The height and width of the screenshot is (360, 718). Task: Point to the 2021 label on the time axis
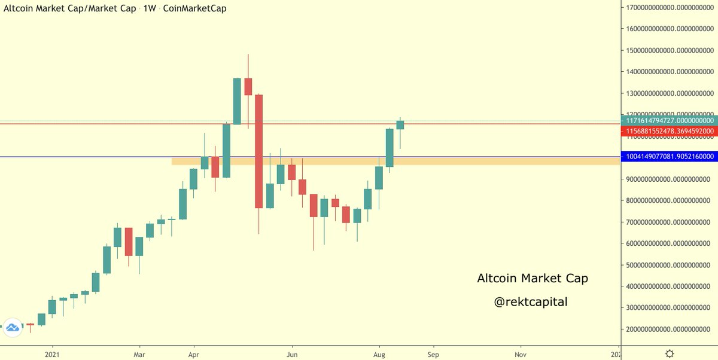click(x=52, y=354)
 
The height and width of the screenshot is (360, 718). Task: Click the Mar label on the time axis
click(x=139, y=354)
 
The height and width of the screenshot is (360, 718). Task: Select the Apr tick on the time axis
click(x=194, y=354)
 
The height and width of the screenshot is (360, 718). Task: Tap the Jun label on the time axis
click(x=292, y=354)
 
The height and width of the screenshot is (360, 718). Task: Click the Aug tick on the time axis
click(x=379, y=354)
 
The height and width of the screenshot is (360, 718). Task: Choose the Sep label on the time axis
click(x=433, y=354)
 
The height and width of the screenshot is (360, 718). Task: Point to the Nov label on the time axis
click(x=521, y=354)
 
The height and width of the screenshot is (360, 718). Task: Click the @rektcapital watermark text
click(x=530, y=303)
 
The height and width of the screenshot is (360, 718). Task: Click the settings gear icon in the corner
click(x=670, y=353)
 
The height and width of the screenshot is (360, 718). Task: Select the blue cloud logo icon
click(x=12, y=327)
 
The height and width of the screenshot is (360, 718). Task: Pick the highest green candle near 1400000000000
click(x=237, y=101)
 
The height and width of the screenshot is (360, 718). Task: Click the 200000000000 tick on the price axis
click(x=668, y=330)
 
